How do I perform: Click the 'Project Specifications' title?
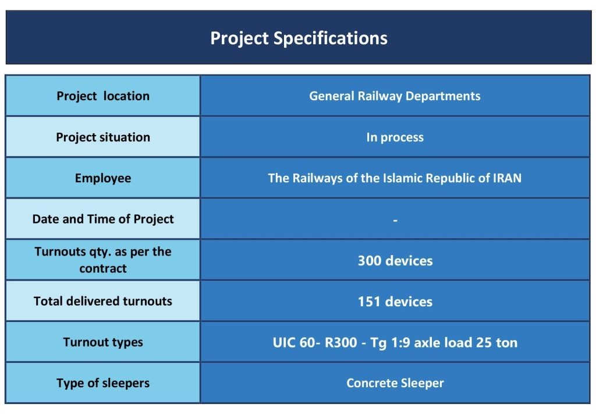click(x=299, y=38)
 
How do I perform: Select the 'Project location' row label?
click(x=103, y=96)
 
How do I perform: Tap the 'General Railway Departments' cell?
click(x=395, y=96)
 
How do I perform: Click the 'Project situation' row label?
click(x=103, y=137)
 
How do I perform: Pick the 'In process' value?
click(x=395, y=138)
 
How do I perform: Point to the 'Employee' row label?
click(x=103, y=178)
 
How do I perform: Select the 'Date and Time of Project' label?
click(x=103, y=220)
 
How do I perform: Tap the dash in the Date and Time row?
click(x=395, y=221)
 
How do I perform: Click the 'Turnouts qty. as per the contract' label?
click(x=103, y=260)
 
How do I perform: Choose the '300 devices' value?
click(x=395, y=260)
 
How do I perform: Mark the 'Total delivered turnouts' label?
click(x=103, y=302)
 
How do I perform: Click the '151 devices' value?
click(x=395, y=302)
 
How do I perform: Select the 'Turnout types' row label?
click(x=103, y=342)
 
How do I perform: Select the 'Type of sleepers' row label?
click(x=103, y=383)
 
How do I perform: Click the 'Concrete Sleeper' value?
click(x=395, y=383)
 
